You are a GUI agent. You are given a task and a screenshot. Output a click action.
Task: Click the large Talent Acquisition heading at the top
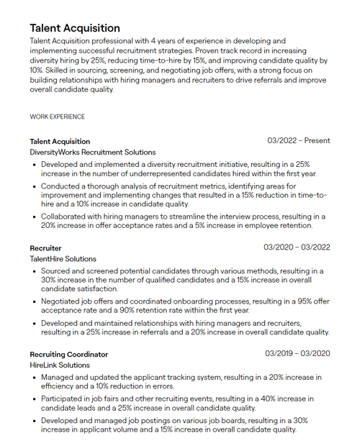pos(75,28)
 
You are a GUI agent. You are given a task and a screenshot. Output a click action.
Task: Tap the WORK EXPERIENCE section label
pos(57,117)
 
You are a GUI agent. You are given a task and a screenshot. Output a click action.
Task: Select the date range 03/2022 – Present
pos(298,141)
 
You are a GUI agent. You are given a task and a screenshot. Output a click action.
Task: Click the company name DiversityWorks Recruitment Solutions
pos(92,153)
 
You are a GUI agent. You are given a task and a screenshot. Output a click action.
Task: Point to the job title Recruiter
pos(45,247)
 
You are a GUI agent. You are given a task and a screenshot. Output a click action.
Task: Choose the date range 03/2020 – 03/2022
pos(297,247)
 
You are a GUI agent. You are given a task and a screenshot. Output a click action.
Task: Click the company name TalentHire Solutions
pos(63,259)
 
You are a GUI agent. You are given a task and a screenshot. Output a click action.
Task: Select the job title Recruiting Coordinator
pos(68,354)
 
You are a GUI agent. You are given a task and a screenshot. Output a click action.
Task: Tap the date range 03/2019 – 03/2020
pos(297,354)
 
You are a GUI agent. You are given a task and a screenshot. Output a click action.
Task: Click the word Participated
pos(66,398)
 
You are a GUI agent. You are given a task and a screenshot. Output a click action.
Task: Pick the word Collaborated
pos(67,216)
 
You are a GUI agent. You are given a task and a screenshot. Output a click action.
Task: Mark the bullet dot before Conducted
pos(34,186)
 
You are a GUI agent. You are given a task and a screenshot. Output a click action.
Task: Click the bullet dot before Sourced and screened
pos(34,271)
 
